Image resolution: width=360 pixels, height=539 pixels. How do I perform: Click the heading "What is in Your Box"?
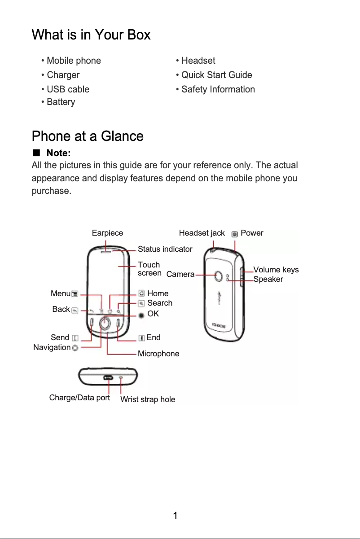[91, 35]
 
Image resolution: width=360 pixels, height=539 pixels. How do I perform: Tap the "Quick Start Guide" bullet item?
[216, 75]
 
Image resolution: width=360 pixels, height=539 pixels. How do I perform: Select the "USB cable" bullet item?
[68, 89]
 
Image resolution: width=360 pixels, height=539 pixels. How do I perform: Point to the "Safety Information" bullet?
[218, 89]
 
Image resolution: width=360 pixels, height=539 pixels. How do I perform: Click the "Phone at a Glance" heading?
[88, 136]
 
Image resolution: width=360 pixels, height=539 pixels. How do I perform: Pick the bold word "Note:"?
[58, 154]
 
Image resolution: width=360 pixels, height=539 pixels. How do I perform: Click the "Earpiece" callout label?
[107, 233]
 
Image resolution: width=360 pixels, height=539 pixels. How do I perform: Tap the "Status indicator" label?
[165, 249]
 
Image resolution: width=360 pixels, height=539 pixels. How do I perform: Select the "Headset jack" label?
[202, 233]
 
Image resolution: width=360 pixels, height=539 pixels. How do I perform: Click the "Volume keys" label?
[276, 270]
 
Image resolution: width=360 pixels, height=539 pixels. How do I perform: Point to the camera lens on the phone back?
[219, 276]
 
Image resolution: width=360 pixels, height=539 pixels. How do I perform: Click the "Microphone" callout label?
[158, 354]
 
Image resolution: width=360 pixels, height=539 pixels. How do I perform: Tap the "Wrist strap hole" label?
[148, 399]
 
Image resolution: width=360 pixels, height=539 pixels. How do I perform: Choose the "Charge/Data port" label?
[79, 398]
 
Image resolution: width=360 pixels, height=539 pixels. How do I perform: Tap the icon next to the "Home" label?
[142, 294]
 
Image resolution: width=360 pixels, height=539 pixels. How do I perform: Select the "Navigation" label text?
[52, 347]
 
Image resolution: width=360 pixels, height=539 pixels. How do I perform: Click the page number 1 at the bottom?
[176, 516]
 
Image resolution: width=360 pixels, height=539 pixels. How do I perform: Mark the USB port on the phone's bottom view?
[108, 377]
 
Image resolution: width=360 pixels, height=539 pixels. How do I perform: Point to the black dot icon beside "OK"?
[142, 315]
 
